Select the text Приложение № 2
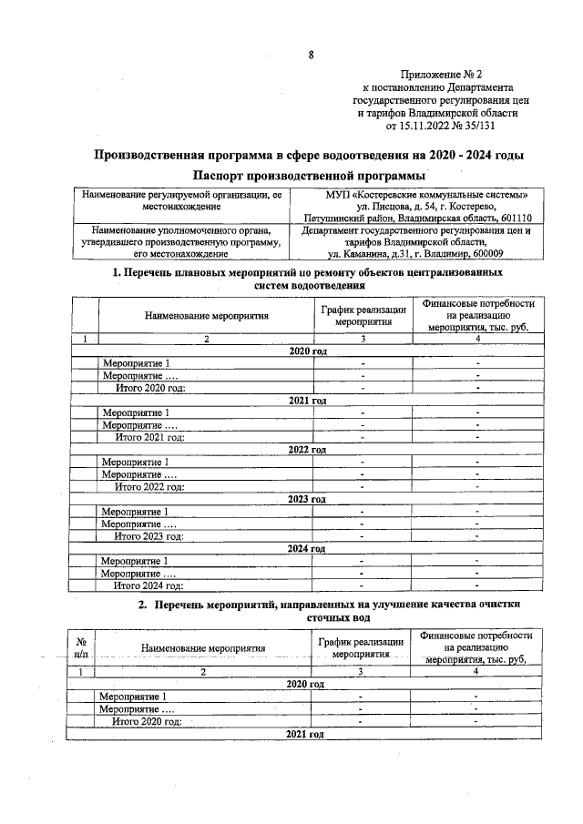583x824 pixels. pos(440,75)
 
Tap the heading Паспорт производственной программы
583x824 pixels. pos(310,174)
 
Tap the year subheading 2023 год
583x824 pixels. pos(307,499)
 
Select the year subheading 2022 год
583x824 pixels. pos(307,450)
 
